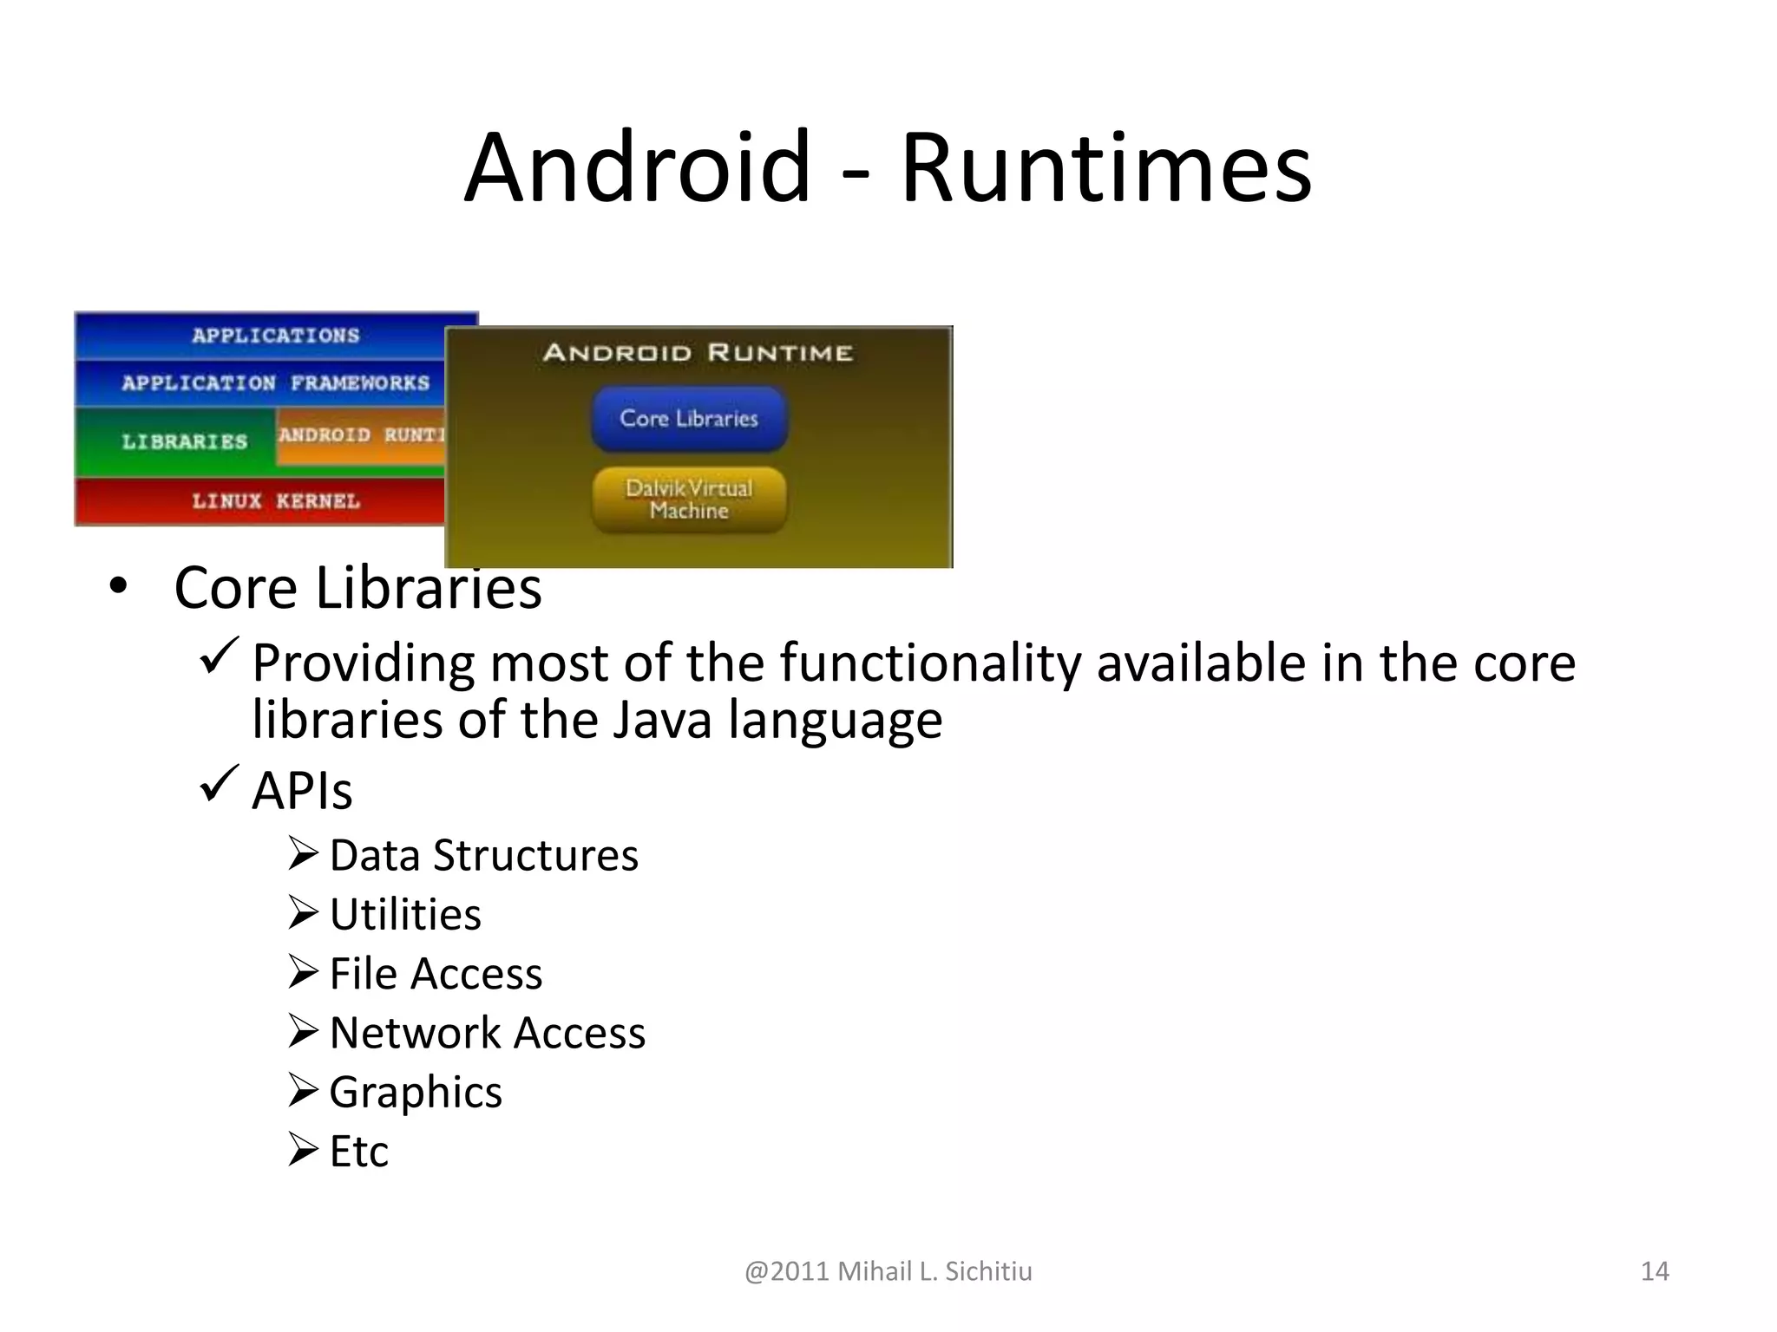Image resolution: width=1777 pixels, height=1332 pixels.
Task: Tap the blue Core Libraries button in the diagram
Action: click(689, 419)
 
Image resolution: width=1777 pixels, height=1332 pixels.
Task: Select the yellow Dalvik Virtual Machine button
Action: click(689, 499)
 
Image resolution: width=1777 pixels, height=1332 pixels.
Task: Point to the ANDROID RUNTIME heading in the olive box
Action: click(698, 353)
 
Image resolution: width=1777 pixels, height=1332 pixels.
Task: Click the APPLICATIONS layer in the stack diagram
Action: click(275, 336)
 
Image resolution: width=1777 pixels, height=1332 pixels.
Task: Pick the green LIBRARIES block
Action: click(184, 441)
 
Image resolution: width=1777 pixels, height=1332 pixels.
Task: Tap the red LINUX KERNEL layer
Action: click(275, 501)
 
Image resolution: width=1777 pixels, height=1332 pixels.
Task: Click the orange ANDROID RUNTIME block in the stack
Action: click(360, 435)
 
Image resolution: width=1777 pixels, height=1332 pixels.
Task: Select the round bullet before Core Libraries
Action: click(118, 586)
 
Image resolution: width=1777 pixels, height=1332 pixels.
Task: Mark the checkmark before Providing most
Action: click(219, 656)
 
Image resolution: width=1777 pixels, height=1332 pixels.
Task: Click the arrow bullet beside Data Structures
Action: click(304, 854)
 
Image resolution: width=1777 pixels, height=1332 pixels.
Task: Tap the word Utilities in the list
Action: click(405, 914)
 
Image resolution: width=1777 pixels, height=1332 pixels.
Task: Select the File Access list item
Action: click(436, 973)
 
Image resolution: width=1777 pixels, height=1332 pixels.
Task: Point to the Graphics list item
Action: click(416, 1092)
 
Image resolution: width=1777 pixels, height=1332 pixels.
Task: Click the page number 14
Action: click(1655, 1271)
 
